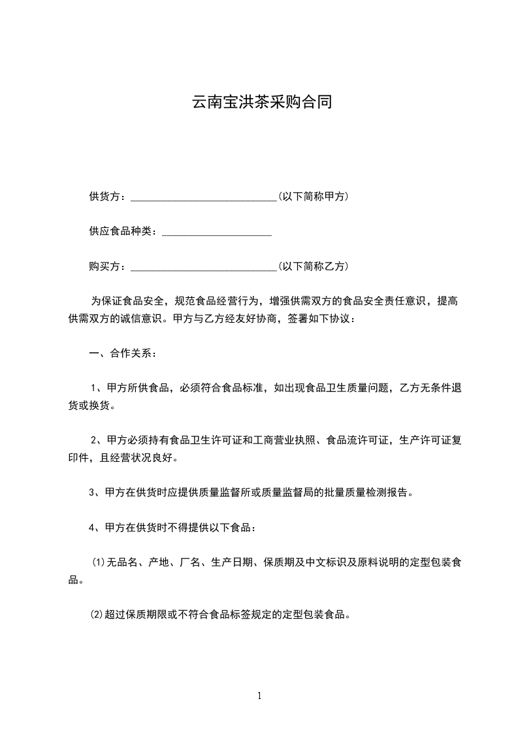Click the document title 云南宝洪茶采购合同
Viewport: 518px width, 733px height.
(259, 102)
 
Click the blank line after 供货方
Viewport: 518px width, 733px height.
(204, 197)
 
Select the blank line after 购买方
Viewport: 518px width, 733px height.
(204, 267)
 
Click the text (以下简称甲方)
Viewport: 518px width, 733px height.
(313, 196)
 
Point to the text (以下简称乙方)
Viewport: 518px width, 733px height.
(313, 267)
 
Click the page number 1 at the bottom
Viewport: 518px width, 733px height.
(259, 696)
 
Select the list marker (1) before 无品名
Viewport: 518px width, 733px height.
(98, 562)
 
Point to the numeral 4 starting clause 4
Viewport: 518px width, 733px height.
(92, 527)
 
